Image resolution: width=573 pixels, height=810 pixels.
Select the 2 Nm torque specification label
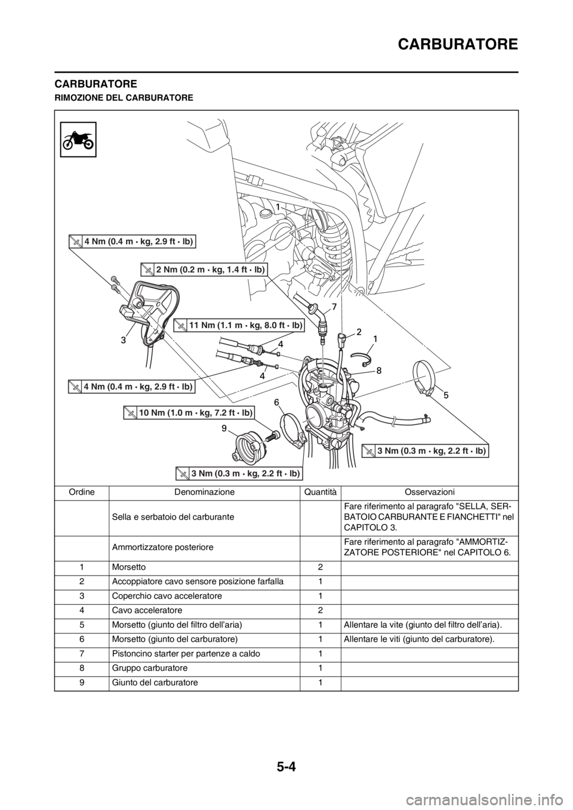(204, 270)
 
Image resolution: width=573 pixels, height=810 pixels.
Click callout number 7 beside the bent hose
(334, 306)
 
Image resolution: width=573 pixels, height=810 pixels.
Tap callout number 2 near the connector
(360, 330)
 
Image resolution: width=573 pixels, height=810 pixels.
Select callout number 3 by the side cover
(122, 340)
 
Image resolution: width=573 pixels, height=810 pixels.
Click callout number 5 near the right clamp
(445, 395)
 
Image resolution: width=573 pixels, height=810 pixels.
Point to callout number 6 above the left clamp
(277, 403)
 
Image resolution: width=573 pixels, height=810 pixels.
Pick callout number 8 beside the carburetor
(378, 370)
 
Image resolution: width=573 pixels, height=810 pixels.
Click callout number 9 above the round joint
(223, 428)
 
